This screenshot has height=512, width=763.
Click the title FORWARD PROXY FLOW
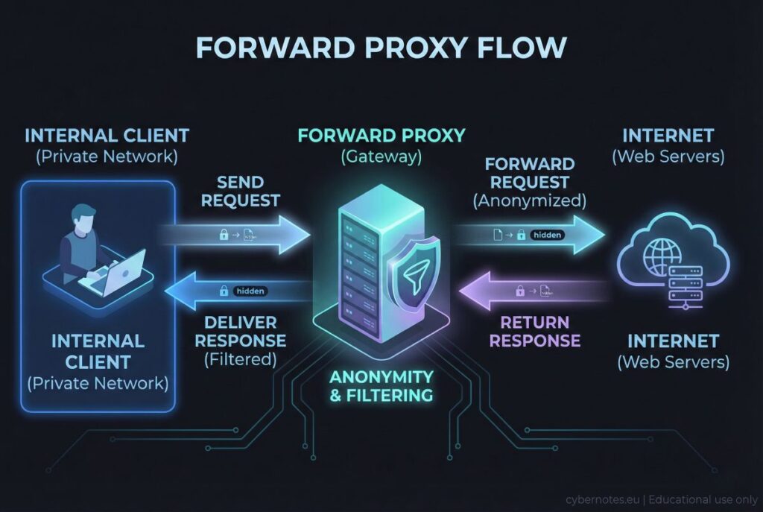point(381,48)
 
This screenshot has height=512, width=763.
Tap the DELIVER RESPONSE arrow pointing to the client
point(238,291)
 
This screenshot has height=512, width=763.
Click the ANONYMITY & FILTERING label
point(381,385)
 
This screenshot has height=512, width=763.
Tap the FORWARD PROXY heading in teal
point(381,136)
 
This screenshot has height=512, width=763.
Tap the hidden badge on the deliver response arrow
point(250,291)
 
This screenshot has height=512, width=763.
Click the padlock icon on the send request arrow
point(223,236)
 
